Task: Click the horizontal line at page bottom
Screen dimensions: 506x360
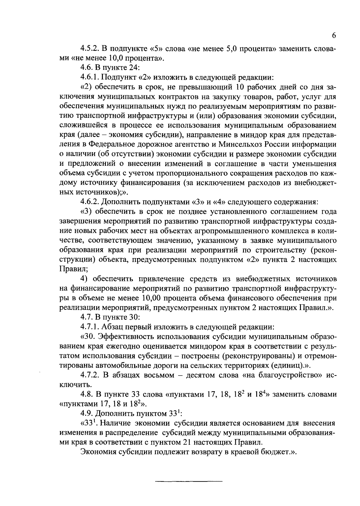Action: pos(189,481)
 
